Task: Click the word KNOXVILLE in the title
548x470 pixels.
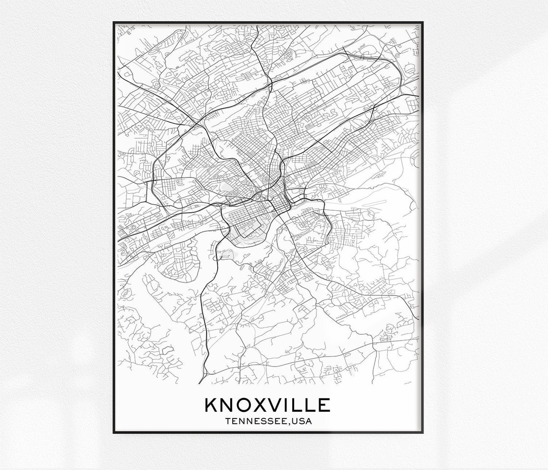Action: click(x=268, y=405)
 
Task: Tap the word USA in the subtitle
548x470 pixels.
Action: click(x=301, y=422)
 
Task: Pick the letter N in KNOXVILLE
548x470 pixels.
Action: click(x=227, y=405)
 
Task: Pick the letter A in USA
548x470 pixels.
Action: click(x=309, y=422)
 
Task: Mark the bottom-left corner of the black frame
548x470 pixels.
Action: click(x=114, y=432)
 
